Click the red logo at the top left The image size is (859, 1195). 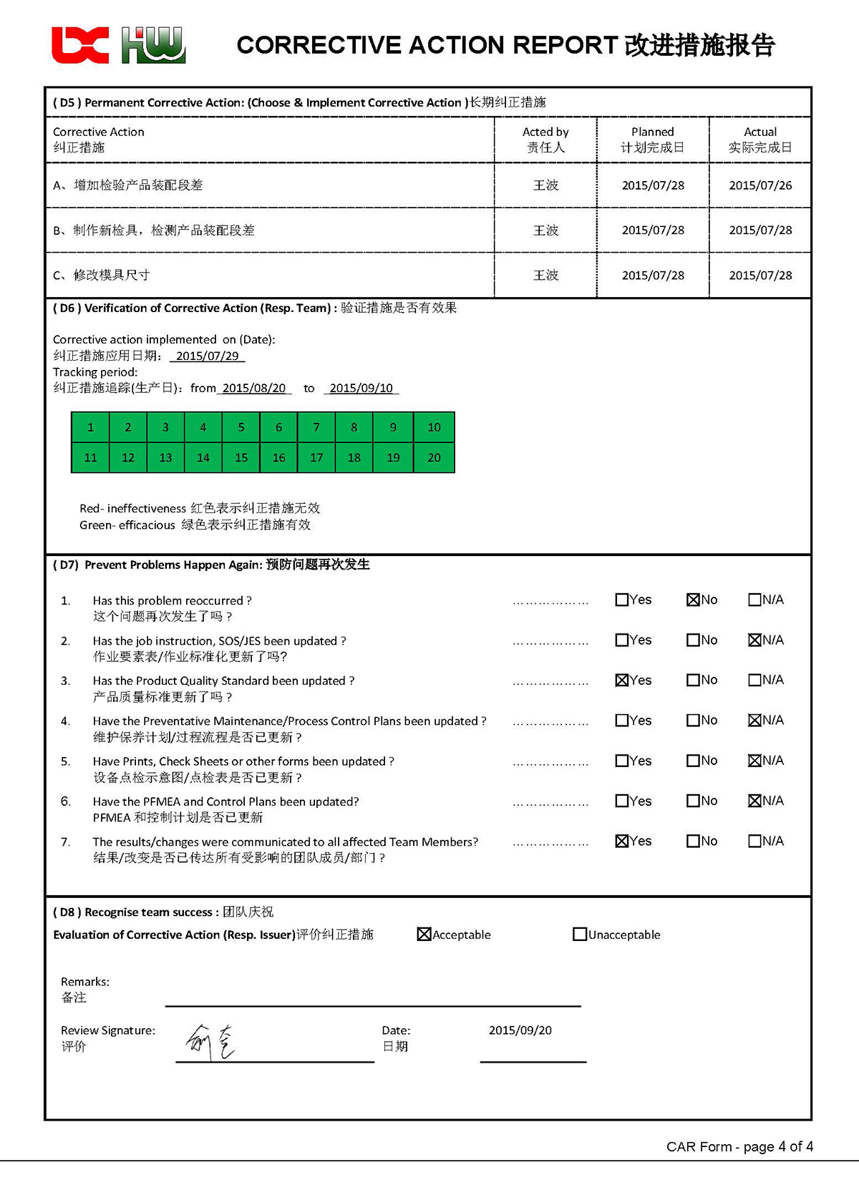pyautogui.click(x=80, y=45)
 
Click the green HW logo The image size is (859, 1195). pyautogui.click(x=153, y=45)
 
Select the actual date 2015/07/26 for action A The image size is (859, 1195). pyautogui.click(x=760, y=185)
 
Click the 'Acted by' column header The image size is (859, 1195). pyautogui.click(x=545, y=132)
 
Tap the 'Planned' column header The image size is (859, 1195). pyautogui.click(x=652, y=132)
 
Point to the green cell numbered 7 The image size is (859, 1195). pyautogui.click(x=316, y=427)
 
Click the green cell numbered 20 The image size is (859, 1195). pyautogui.click(x=434, y=458)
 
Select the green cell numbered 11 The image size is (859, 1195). pyautogui.click(x=90, y=458)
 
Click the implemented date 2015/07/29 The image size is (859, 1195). pyautogui.click(x=208, y=356)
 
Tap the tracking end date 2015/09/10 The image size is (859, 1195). pyautogui.click(x=361, y=388)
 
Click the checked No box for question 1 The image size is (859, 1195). pyautogui.click(x=692, y=600)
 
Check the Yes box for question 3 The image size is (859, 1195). pyautogui.click(x=621, y=680)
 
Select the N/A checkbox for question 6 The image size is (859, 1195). pyautogui.click(x=754, y=801)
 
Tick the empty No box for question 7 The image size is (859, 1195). pyautogui.click(x=692, y=841)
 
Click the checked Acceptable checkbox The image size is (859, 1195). pyautogui.click(x=424, y=935)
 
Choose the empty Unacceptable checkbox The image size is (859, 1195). pyautogui.click(x=579, y=935)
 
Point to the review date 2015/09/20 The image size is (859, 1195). pyautogui.click(x=520, y=1030)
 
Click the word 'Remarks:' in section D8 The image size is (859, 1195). pyautogui.click(x=84, y=982)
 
